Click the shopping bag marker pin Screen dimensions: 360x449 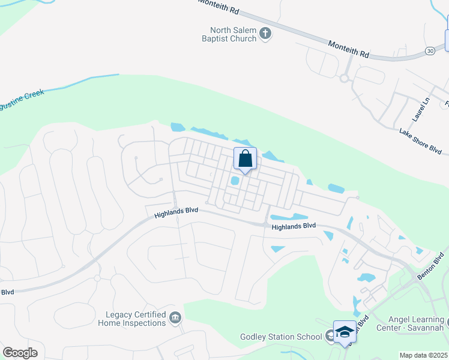click(x=245, y=160)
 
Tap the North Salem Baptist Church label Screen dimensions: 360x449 click(x=234, y=34)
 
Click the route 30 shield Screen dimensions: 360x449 click(x=430, y=52)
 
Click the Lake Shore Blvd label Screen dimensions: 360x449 click(x=424, y=141)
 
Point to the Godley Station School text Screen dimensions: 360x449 click(x=281, y=337)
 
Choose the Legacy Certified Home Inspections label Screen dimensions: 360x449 click(x=136, y=319)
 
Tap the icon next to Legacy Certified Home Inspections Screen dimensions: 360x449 click(x=175, y=317)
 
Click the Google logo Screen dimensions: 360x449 click(x=20, y=352)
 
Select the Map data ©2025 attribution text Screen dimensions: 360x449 click(x=423, y=355)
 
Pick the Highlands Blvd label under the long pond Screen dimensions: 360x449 click(x=294, y=226)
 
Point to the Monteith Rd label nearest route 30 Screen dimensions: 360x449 click(x=348, y=49)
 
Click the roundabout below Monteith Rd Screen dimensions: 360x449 click(x=345, y=78)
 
